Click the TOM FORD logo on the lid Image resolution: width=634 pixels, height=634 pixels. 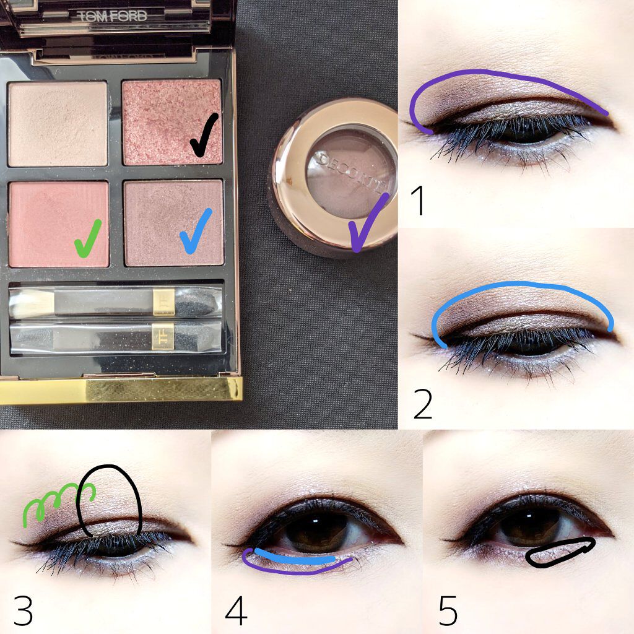pos(111,16)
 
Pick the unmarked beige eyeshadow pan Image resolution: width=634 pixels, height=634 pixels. pos(58,124)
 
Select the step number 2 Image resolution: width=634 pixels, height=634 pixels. pos(423,404)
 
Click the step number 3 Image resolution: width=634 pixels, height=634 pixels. pos(23,610)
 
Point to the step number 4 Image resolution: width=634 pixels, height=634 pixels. pos(236,610)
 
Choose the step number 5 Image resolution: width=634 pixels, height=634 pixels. pos(448,610)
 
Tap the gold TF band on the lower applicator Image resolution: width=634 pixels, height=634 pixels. pos(163,336)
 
